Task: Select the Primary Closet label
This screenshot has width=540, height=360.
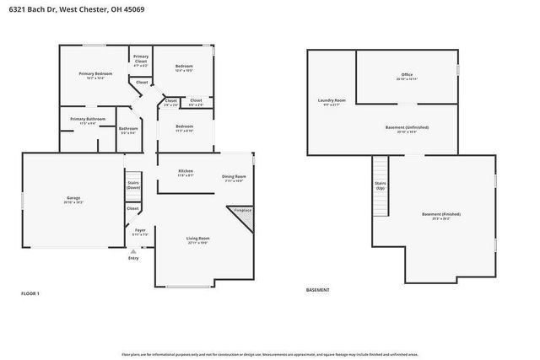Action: click(140, 59)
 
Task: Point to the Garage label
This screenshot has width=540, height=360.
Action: click(73, 200)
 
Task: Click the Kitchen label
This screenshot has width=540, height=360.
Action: click(186, 173)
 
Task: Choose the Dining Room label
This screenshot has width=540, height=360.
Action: click(234, 178)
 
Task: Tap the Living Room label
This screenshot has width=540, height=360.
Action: click(198, 240)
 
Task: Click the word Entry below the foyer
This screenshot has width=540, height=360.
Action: click(133, 258)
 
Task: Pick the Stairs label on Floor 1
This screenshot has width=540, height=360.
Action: click(133, 184)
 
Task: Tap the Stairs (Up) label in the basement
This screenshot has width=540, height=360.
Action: click(380, 185)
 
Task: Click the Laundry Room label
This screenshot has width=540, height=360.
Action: click(332, 102)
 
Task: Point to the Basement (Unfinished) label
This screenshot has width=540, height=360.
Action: click(407, 129)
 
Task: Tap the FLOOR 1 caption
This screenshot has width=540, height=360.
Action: click(30, 293)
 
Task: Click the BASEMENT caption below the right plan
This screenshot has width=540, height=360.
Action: click(318, 289)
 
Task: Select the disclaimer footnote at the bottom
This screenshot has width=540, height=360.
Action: click(269, 354)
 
